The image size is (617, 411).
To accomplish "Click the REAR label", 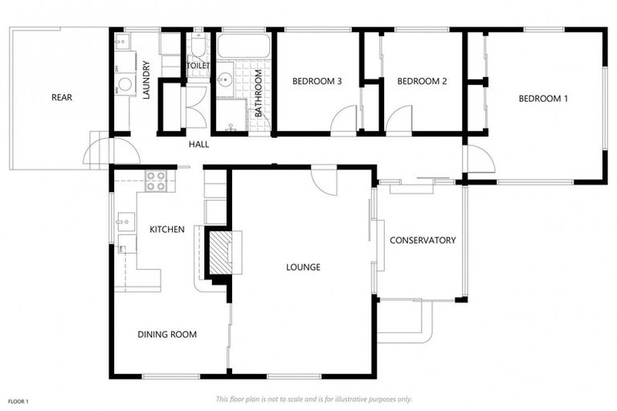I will (x=62, y=98).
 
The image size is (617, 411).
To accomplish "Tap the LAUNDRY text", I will (x=147, y=80).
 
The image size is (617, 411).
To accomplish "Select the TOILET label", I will (x=198, y=66).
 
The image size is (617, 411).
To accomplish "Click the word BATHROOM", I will (x=259, y=94).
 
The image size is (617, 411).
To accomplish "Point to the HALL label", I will (x=198, y=144).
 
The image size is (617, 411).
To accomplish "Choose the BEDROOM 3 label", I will (x=317, y=81).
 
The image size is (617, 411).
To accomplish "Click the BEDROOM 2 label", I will (x=421, y=81).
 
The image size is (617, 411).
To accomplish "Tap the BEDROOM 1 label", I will (x=543, y=99).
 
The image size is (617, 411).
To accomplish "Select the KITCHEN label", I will (x=167, y=230).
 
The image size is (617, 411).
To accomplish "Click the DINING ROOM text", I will (x=167, y=335).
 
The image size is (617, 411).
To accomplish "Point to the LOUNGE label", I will (x=303, y=267).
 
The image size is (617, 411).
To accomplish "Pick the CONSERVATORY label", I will (x=423, y=240).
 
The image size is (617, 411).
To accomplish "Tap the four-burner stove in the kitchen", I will (x=156, y=181).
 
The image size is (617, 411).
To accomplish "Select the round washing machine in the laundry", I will (x=125, y=84).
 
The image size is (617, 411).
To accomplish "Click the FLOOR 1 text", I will (x=18, y=400).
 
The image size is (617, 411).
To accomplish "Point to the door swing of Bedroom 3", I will (x=343, y=121).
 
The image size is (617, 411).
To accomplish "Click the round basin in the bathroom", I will (x=224, y=79).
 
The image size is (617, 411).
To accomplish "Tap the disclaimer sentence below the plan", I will (x=313, y=399).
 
